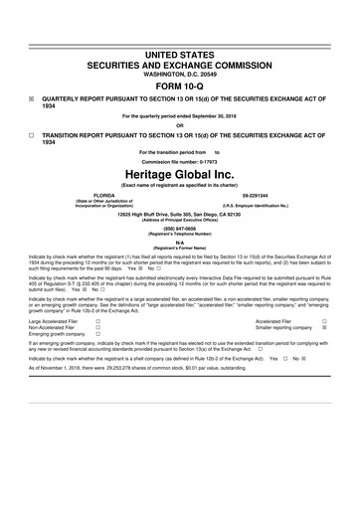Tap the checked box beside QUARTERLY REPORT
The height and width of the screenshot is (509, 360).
32,99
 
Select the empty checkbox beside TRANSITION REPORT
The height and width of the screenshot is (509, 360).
32,132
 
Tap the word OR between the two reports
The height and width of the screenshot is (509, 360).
179,124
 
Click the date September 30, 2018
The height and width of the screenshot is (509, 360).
217,116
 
